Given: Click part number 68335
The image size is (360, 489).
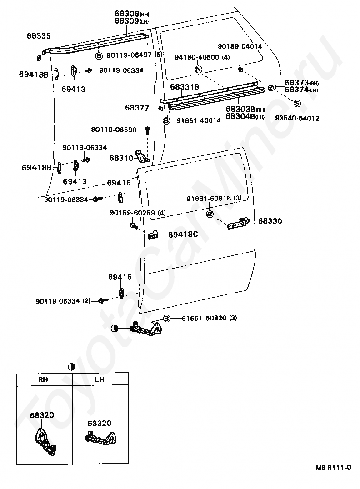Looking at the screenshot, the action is (x=39, y=36).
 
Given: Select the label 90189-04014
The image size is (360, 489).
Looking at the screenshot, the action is (x=240, y=46).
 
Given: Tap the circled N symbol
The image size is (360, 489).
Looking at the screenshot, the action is (x=198, y=69).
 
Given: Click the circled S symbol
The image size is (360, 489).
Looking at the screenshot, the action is (x=297, y=103).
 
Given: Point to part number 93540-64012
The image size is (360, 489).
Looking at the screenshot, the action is (x=297, y=118).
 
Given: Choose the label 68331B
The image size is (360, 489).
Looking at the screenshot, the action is (x=185, y=87).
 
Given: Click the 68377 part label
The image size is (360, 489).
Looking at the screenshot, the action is (x=137, y=108).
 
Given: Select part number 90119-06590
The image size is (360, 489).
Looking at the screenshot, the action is (x=114, y=130).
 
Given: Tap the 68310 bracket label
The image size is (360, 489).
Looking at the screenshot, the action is (x=121, y=158).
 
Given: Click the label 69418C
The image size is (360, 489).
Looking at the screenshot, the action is (x=183, y=234).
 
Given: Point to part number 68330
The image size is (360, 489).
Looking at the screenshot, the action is (x=270, y=221).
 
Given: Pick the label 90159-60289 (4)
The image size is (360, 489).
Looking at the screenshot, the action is (x=138, y=213).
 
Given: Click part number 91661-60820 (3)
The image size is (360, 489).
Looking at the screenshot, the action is (x=210, y=318).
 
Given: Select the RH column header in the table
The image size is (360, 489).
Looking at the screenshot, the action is (x=43, y=379).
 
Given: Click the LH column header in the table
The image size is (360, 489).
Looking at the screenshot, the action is (x=100, y=379).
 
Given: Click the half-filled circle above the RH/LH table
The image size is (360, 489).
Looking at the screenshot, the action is (x=71, y=367).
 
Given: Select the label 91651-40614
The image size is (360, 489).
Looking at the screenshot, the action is (x=198, y=120).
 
